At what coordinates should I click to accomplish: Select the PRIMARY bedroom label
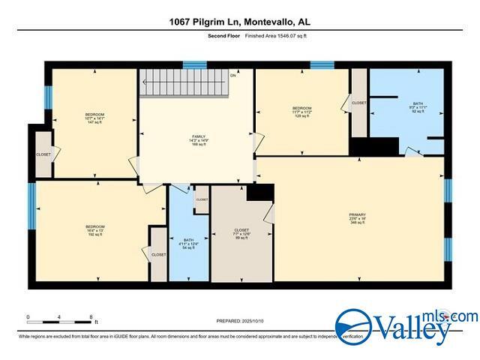click(x=356, y=215)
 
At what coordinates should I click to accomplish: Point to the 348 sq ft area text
click(x=356, y=223)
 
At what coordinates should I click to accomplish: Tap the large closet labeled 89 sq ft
click(x=241, y=235)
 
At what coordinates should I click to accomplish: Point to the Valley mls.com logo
click(x=405, y=326)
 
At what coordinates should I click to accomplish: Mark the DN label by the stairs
click(x=233, y=76)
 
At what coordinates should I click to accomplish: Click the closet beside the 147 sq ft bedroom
click(x=43, y=154)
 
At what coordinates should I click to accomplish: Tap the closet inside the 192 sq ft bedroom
click(x=158, y=254)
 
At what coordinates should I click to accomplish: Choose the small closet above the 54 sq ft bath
click(x=202, y=199)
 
